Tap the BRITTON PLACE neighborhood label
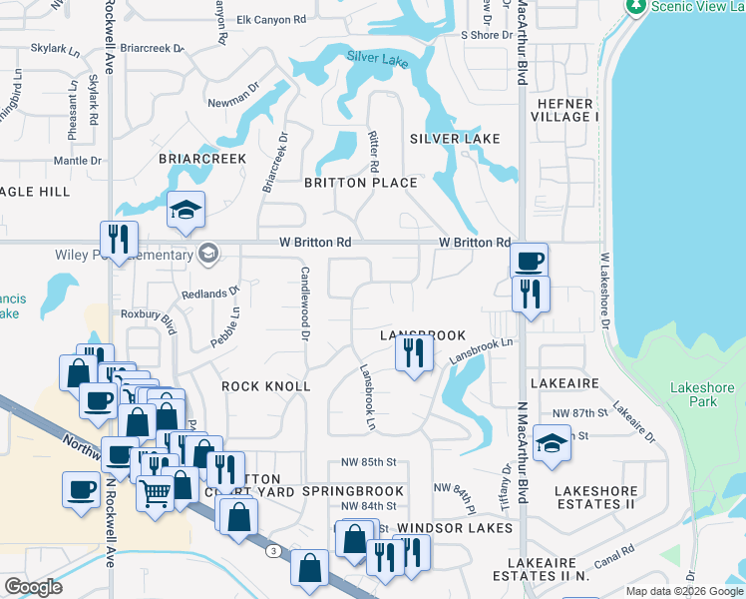tap(360, 183)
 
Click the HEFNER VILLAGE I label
tap(564, 111)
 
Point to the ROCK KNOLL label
tap(265, 386)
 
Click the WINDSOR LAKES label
tap(446, 526)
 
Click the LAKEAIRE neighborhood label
tap(564, 383)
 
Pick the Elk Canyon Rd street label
tap(271, 20)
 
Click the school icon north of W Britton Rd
tap(186, 211)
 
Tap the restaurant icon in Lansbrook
tap(413, 351)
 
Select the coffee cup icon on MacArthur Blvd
tap(529, 260)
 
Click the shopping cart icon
tap(155, 492)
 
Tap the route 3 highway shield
tap(272, 550)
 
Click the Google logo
tap(34, 587)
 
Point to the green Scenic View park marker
tap(635, 5)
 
